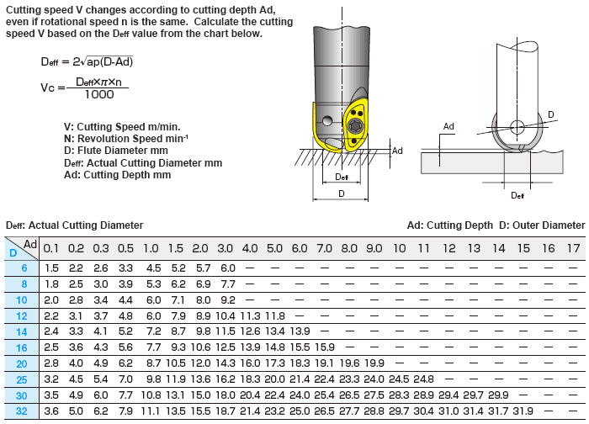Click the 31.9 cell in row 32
pos(523,411)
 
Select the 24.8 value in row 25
pos(423,379)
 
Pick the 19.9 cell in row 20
pos(374,363)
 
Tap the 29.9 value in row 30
pos(498,395)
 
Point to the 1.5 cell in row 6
pos(51,268)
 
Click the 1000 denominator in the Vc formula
pos(100,95)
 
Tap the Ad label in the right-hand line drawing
pos(448,126)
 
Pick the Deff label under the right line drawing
pos(517,195)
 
